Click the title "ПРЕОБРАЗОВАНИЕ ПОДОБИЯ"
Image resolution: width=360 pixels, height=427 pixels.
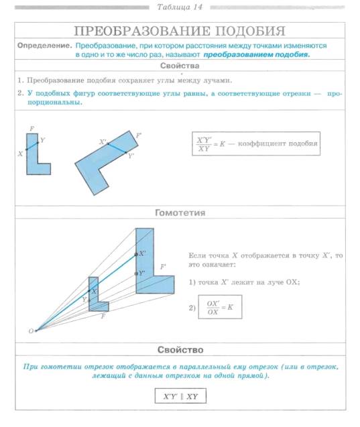[x=180, y=31]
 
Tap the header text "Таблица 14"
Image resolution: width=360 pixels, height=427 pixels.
[x=180, y=7]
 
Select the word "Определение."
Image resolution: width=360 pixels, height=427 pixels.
[x=45, y=46]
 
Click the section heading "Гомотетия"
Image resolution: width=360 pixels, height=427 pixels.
[x=180, y=212]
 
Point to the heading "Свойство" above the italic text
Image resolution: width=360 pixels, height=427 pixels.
[x=180, y=350]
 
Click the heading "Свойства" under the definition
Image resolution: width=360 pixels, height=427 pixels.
[x=180, y=66]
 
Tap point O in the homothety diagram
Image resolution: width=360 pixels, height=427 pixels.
[x=36, y=331]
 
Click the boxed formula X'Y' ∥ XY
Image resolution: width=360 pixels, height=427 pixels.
[x=180, y=396]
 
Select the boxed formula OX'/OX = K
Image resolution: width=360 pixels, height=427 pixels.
[x=220, y=307]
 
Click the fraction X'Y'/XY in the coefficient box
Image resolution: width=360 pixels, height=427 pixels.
[x=204, y=144]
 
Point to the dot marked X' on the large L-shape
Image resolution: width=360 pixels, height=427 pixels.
[x=137, y=254]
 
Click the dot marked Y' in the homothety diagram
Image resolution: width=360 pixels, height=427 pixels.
[x=137, y=273]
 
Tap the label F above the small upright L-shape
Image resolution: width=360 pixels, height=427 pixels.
[x=32, y=129]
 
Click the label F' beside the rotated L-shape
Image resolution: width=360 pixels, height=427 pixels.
[x=139, y=135]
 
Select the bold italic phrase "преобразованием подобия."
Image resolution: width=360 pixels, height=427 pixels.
[x=257, y=54]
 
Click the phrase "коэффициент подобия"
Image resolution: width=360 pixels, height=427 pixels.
[x=278, y=143]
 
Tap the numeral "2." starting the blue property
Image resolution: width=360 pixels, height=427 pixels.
[x=21, y=93]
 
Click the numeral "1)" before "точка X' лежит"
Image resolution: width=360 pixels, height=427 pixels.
[x=192, y=282]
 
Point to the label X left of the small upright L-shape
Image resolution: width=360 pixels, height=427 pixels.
[x=20, y=154]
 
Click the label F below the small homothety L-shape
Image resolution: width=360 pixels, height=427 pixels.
[x=103, y=316]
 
